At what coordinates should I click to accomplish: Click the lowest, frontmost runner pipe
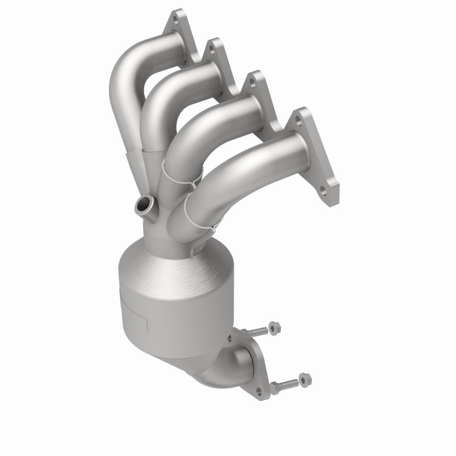click(245, 165)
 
